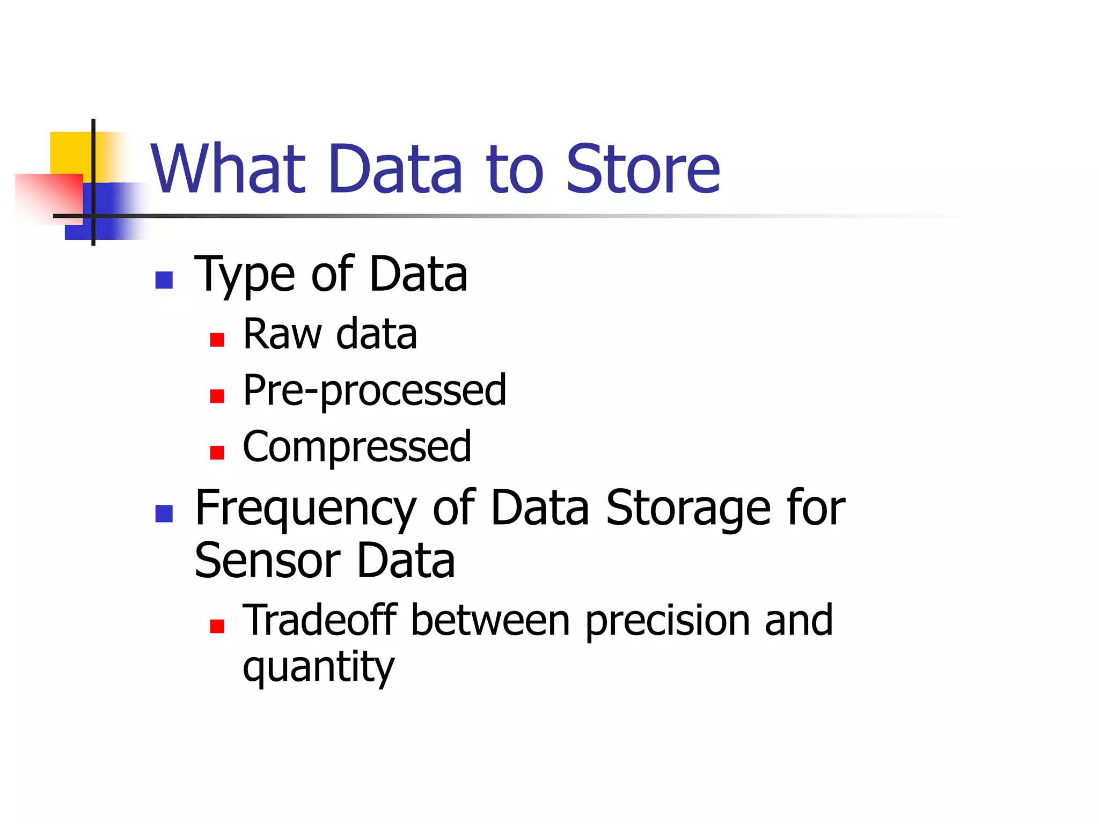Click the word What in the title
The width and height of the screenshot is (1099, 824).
(228, 169)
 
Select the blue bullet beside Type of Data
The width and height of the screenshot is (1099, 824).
(164, 280)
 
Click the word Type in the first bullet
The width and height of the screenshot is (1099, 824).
(245, 275)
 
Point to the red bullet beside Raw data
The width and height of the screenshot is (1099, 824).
(217, 340)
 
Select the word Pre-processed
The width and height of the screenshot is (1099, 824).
(375, 391)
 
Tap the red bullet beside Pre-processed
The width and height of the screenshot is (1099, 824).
(217, 396)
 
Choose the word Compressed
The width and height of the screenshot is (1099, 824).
(357, 446)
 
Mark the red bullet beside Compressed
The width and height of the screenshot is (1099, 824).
(217, 452)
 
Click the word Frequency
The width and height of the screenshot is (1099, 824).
(305, 509)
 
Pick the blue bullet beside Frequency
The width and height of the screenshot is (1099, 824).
(164, 513)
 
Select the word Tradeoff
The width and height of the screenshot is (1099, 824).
(320, 620)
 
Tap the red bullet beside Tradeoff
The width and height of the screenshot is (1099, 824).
(217, 626)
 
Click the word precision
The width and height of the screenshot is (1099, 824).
(667, 621)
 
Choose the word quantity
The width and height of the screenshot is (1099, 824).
(319, 667)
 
